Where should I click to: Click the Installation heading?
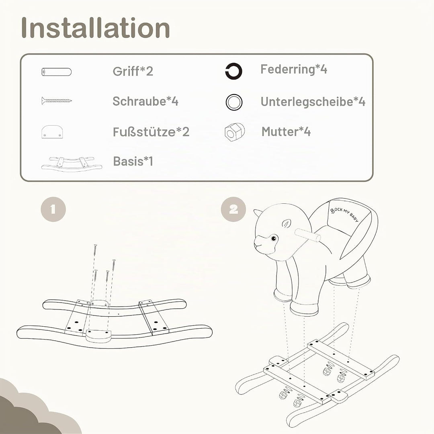[x=95, y=28]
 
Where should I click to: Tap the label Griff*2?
[x=133, y=71]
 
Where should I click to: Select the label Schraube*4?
[x=145, y=101]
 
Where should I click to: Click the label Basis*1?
[x=133, y=161]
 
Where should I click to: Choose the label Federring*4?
[x=294, y=69]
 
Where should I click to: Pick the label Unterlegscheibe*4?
[x=313, y=102]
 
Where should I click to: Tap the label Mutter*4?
[x=286, y=131]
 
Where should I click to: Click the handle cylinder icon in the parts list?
[x=57, y=72]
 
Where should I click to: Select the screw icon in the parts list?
[x=57, y=100]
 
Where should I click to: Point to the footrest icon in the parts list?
[x=52, y=132]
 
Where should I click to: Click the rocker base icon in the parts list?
[x=72, y=164]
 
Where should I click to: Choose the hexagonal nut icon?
[x=234, y=132]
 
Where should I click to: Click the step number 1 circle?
[x=53, y=209]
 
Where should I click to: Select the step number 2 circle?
[x=233, y=209]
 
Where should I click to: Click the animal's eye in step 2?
[x=274, y=238]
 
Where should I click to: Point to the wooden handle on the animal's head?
[x=307, y=235]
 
